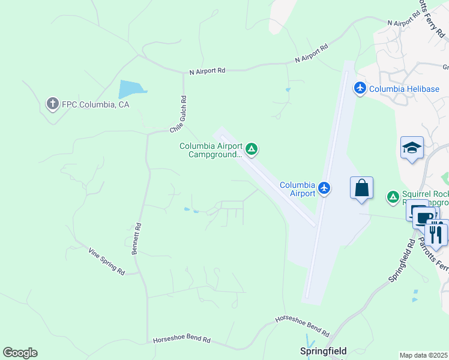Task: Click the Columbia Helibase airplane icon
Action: coord(360,89)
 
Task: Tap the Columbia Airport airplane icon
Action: coord(324,188)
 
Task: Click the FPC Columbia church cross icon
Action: coord(52,104)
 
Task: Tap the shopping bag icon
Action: coord(361,188)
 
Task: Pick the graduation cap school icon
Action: coord(412,148)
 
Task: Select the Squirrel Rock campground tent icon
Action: coord(393,196)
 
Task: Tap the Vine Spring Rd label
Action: coord(106,262)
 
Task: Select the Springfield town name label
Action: coord(324,351)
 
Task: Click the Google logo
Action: coord(20,353)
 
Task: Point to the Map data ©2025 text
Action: coord(424,355)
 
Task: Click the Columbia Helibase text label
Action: coord(404,89)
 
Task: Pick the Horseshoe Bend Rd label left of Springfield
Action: coord(182,340)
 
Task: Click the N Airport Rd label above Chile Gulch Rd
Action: coord(207,71)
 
